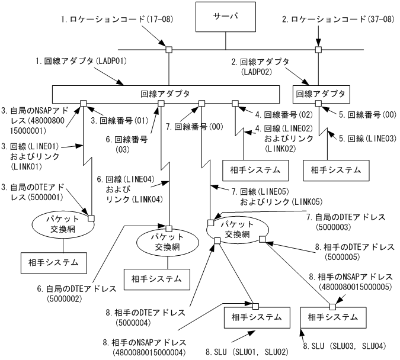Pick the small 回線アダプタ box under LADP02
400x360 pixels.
pyautogui.click(x=322, y=94)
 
